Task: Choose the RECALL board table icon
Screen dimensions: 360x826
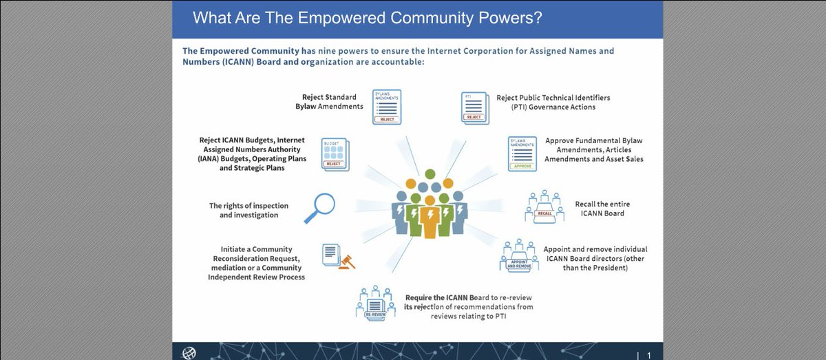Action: pos(544,207)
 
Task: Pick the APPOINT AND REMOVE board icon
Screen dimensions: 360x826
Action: pos(520,257)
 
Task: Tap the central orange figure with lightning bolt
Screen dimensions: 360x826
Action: pos(430,214)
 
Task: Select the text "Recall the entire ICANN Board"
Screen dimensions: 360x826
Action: pos(602,209)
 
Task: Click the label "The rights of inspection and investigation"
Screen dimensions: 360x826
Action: pos(248,210)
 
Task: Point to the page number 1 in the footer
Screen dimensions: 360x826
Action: pos(648,354)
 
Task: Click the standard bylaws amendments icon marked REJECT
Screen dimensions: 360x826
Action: pos(387,107)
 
